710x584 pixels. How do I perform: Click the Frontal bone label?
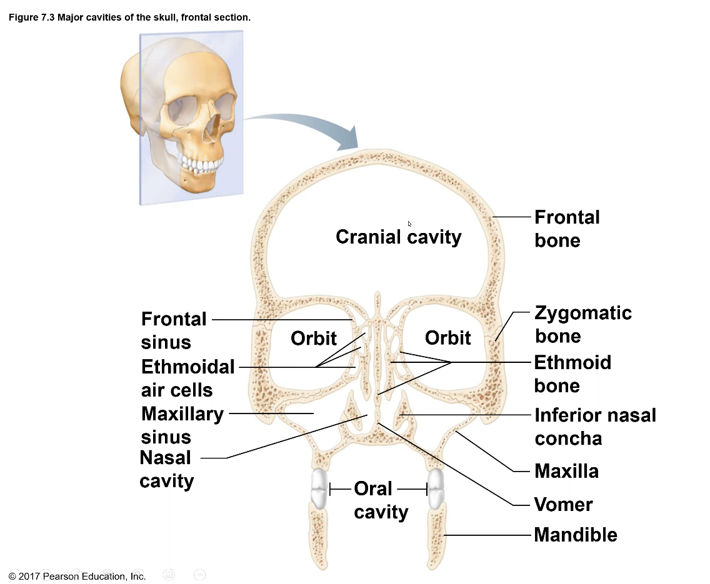566,229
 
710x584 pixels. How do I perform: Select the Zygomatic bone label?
582,324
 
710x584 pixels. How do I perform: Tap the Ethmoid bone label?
572,374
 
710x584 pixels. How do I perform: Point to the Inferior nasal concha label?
595,427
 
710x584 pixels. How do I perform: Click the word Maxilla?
566,471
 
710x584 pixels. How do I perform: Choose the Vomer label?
563,504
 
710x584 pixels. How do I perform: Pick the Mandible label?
575,535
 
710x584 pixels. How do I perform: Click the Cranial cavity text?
398,237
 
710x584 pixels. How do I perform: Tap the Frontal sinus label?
173,330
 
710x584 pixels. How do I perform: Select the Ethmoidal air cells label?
187,378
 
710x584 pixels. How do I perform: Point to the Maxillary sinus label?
182,425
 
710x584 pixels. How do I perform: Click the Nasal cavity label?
166,469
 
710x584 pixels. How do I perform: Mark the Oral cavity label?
380,500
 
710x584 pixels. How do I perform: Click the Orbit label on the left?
313,339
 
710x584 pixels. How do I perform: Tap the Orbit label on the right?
447,338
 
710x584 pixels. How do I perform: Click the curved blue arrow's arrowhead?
347,139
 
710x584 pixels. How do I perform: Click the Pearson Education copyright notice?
77,576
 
